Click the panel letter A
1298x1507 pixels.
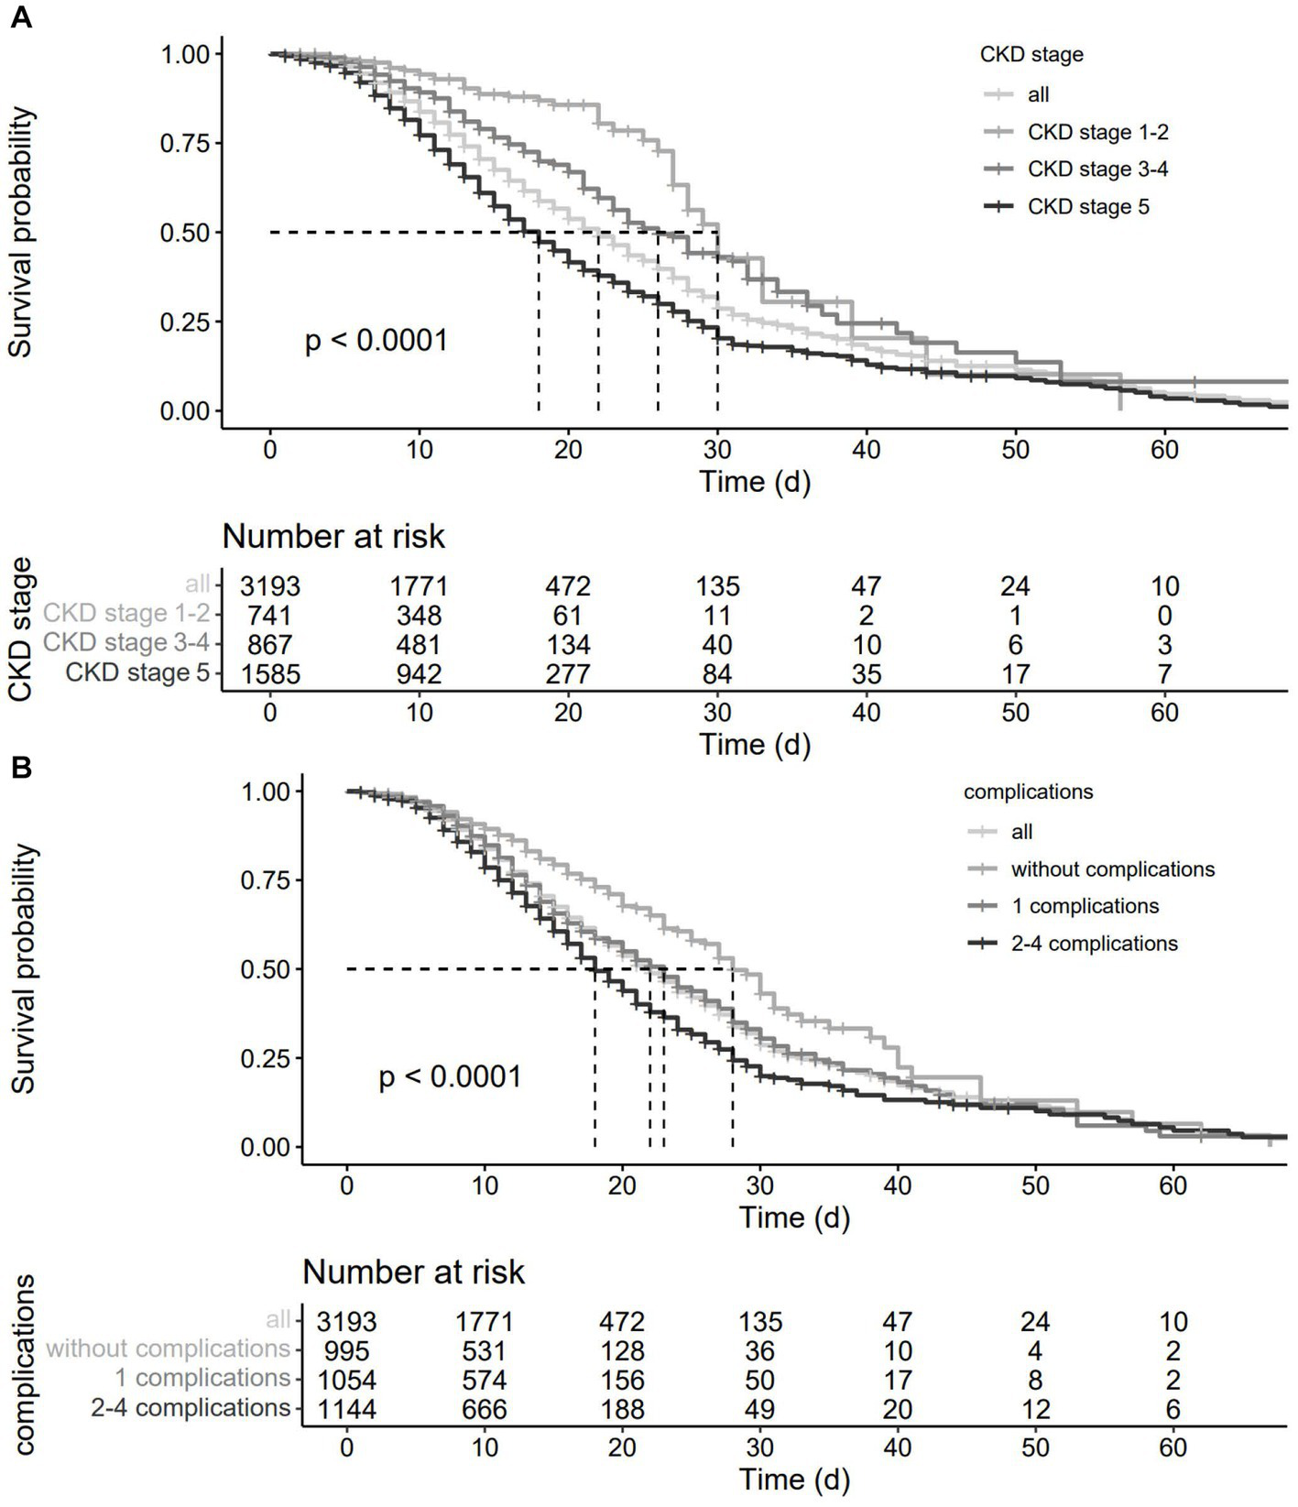point(20,17)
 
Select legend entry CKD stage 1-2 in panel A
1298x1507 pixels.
point(1097,133)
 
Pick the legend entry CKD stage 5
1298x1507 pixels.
point(1087,207)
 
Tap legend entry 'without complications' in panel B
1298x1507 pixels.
point(1112,869)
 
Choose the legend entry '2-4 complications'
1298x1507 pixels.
point(1094,944)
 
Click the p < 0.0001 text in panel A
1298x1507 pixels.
point(376,341)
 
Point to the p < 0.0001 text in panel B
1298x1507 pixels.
point(450,1076)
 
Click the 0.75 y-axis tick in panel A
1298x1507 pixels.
point(185,143)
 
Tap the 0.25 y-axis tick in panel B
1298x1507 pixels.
point(265,1059)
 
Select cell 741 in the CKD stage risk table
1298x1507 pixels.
point(269,616)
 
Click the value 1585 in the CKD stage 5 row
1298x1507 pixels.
point(269,675)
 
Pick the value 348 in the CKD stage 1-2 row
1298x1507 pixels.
point(419,616)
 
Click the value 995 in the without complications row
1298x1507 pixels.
point(346,1351)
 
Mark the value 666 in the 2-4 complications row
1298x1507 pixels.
point(485,1410)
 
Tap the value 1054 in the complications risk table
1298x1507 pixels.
point(346,1381)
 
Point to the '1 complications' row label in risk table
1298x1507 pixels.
point(202,1379)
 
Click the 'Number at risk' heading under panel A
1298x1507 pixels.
point(333,537)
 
